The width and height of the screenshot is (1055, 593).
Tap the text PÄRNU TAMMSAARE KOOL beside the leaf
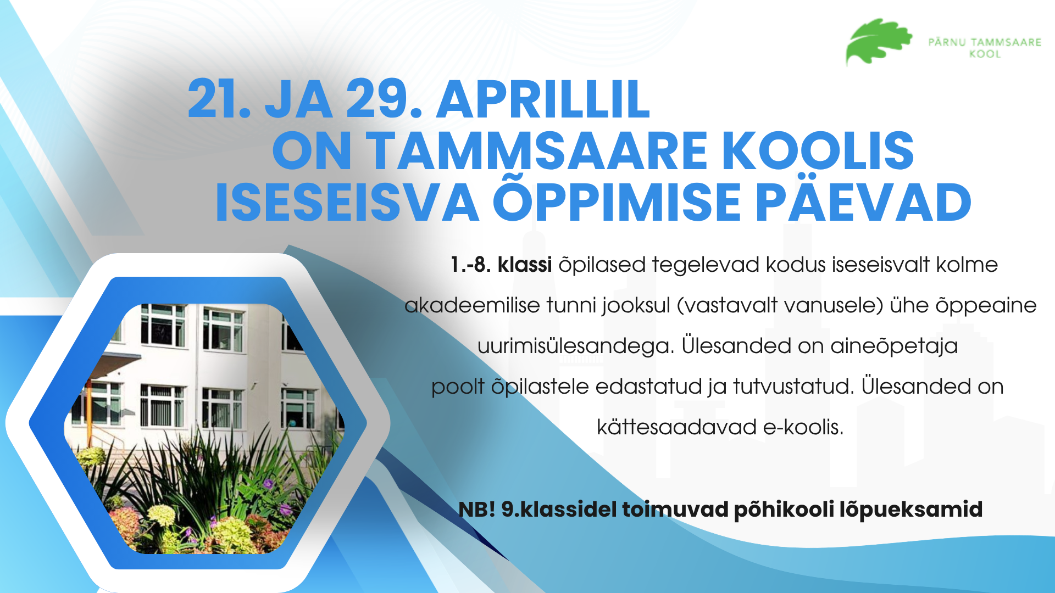[985, 48]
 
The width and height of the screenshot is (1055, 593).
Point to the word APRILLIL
[543, 99]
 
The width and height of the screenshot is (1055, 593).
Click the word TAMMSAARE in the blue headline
[536, 150]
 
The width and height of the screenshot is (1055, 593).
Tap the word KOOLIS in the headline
[818, 150]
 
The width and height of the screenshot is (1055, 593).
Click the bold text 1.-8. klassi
[501, 265]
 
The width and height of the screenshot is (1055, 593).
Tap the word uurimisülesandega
[576, 346]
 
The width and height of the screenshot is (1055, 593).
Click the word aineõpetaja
[894, 346]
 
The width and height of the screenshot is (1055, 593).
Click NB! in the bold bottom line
[477, 509]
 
